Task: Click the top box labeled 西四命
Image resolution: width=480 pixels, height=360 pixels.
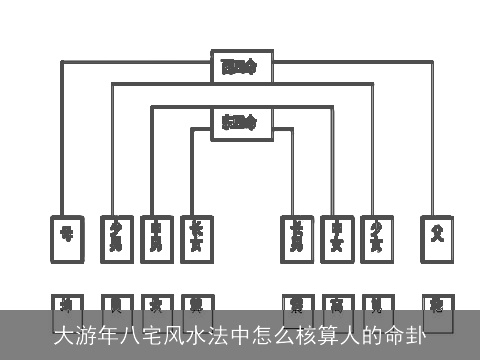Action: coord(240,67)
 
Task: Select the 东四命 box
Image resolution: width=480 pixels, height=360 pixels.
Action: coord(240,123)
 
